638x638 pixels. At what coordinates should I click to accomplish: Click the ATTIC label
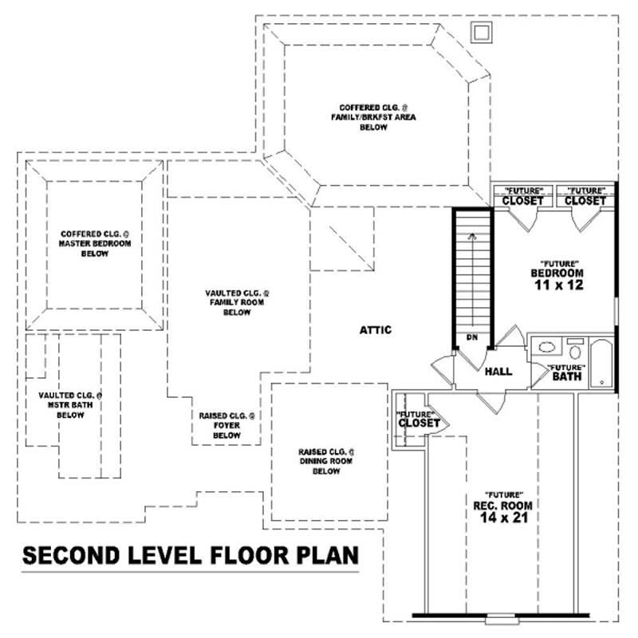[375, 329]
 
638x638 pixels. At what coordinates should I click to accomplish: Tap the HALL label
[498, 372]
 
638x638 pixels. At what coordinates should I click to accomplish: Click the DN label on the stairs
[471, 337]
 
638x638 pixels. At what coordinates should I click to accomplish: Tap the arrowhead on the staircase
[471, 236]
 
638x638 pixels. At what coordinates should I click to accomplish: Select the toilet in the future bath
[574, 352]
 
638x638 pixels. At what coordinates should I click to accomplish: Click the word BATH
[566, 376]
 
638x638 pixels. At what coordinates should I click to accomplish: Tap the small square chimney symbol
[482, 31]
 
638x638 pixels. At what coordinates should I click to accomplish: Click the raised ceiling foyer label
[226, 425]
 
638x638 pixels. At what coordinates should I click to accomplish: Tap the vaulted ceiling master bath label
[71, 405]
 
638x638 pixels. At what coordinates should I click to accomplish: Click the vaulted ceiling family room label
[237, 302]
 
